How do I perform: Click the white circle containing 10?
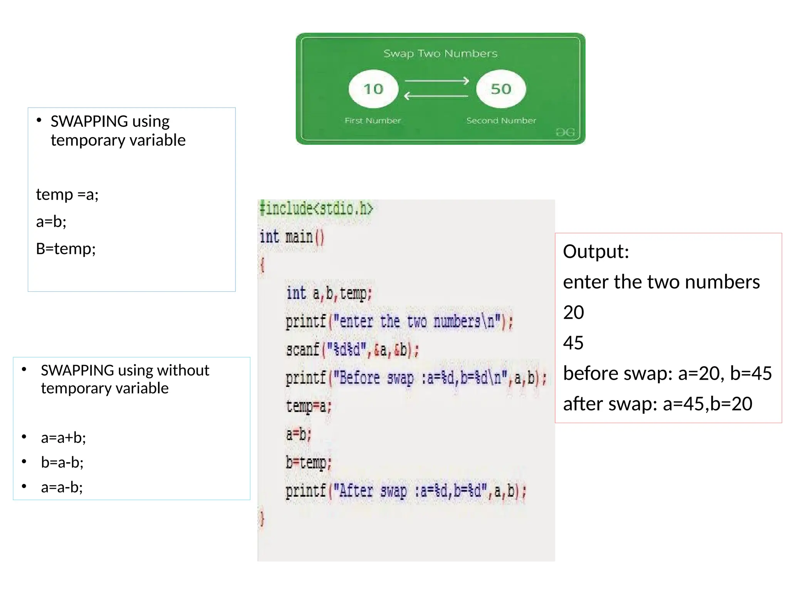373,89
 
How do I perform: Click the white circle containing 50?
501,89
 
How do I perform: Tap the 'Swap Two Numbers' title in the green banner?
440,54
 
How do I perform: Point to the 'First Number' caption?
373,121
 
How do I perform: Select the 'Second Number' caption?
501,121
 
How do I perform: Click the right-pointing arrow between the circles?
436,81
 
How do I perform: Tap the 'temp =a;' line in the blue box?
67,195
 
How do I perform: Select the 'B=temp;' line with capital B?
66,249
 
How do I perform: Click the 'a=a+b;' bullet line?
64,438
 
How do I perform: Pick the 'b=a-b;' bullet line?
62,462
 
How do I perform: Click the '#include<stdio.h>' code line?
316,209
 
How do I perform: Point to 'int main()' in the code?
292,237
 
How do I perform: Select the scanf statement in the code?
352,350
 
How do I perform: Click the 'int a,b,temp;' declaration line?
329,293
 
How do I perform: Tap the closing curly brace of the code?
262,519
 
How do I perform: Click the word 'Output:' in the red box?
596,252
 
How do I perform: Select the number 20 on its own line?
573,313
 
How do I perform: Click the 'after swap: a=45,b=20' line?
658,404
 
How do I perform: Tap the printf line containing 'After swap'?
406,491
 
